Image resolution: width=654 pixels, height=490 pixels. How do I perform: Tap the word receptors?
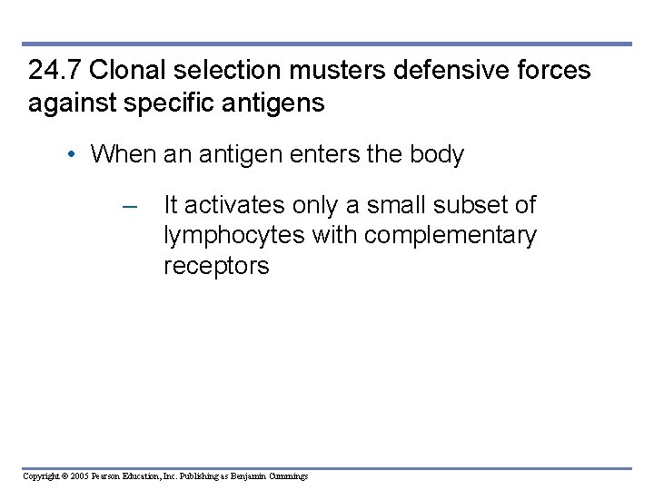pos(216,266)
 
